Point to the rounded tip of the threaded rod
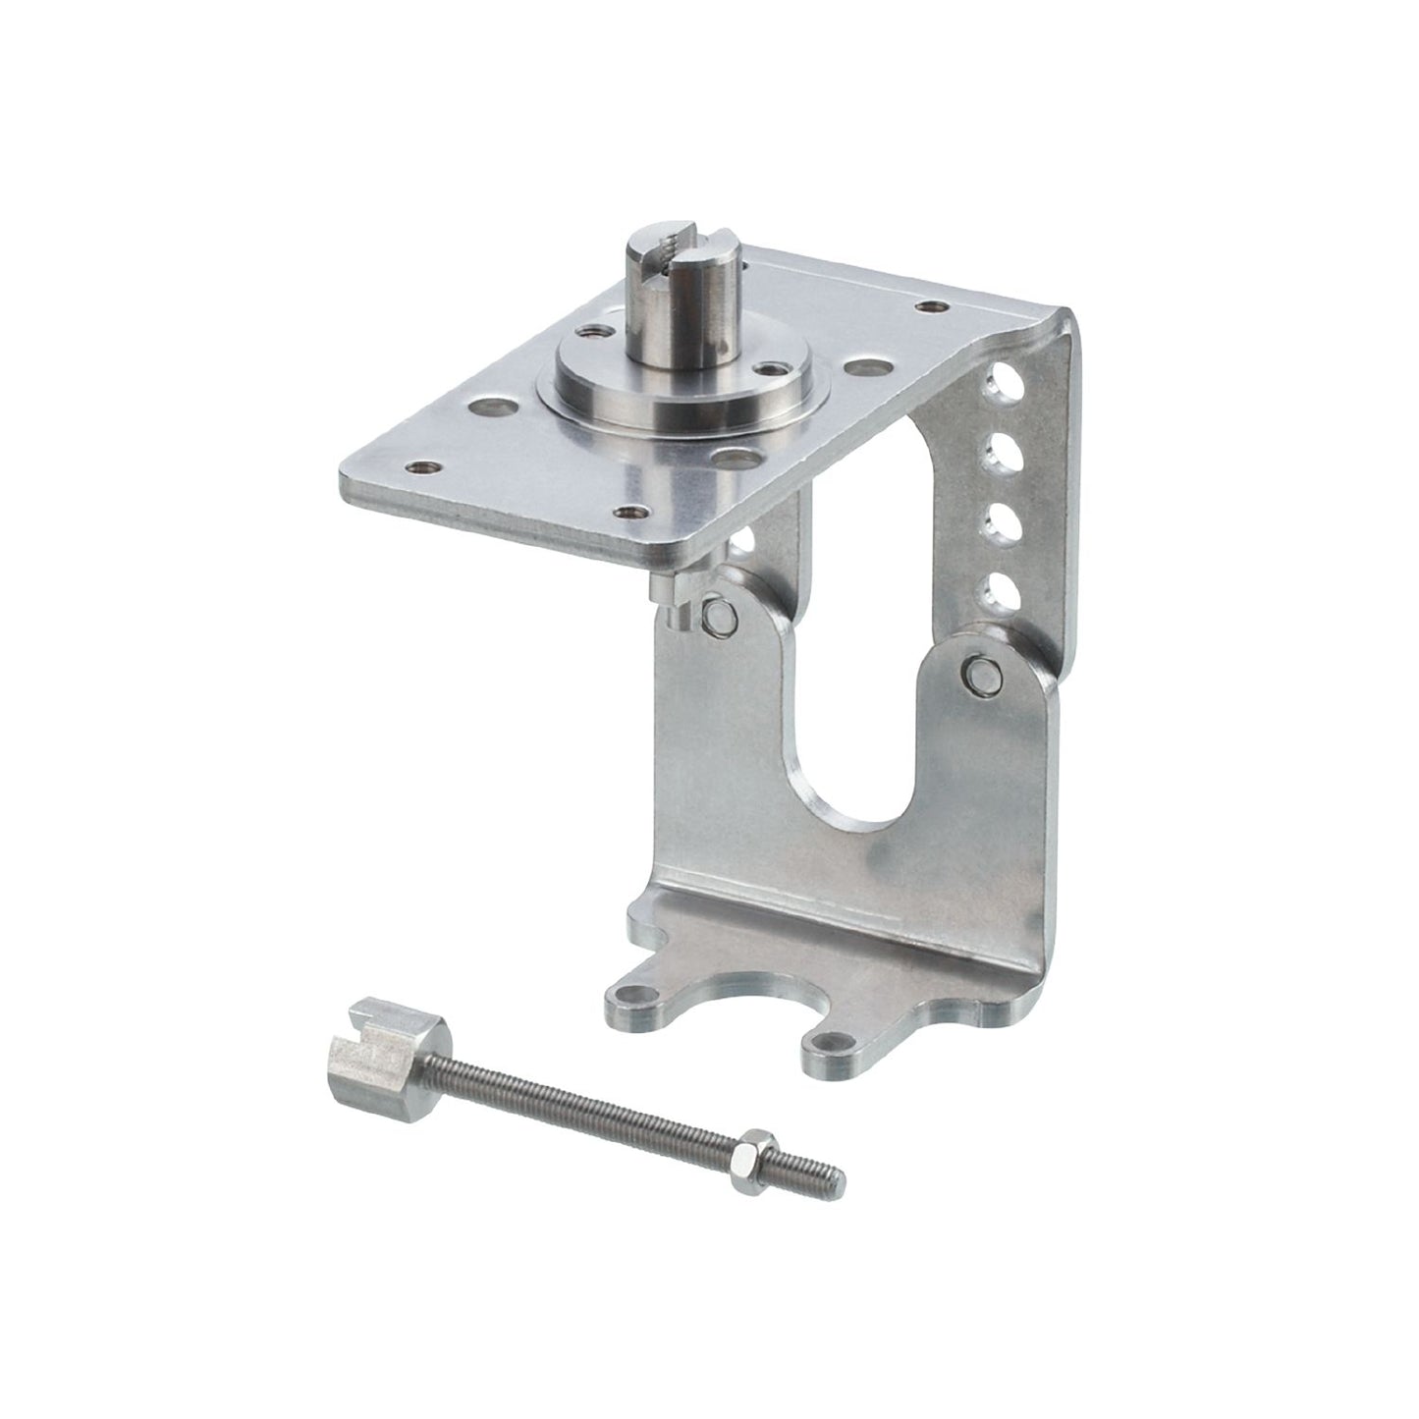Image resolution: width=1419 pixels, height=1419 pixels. (838, 1173)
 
